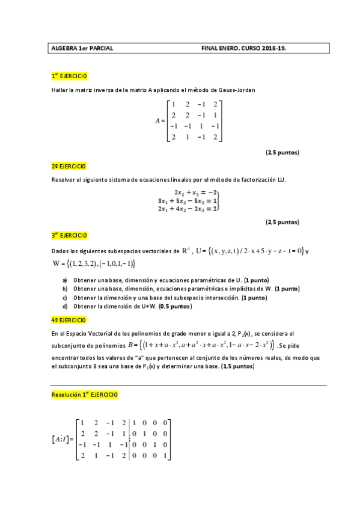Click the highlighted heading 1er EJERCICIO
coord(69,76)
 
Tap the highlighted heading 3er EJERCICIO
coord(69,235)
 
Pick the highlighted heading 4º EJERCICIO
coord(68,319)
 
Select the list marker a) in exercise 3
coord(64,280)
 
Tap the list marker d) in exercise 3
coord(64,306)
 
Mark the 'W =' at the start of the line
coord(58,263)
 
